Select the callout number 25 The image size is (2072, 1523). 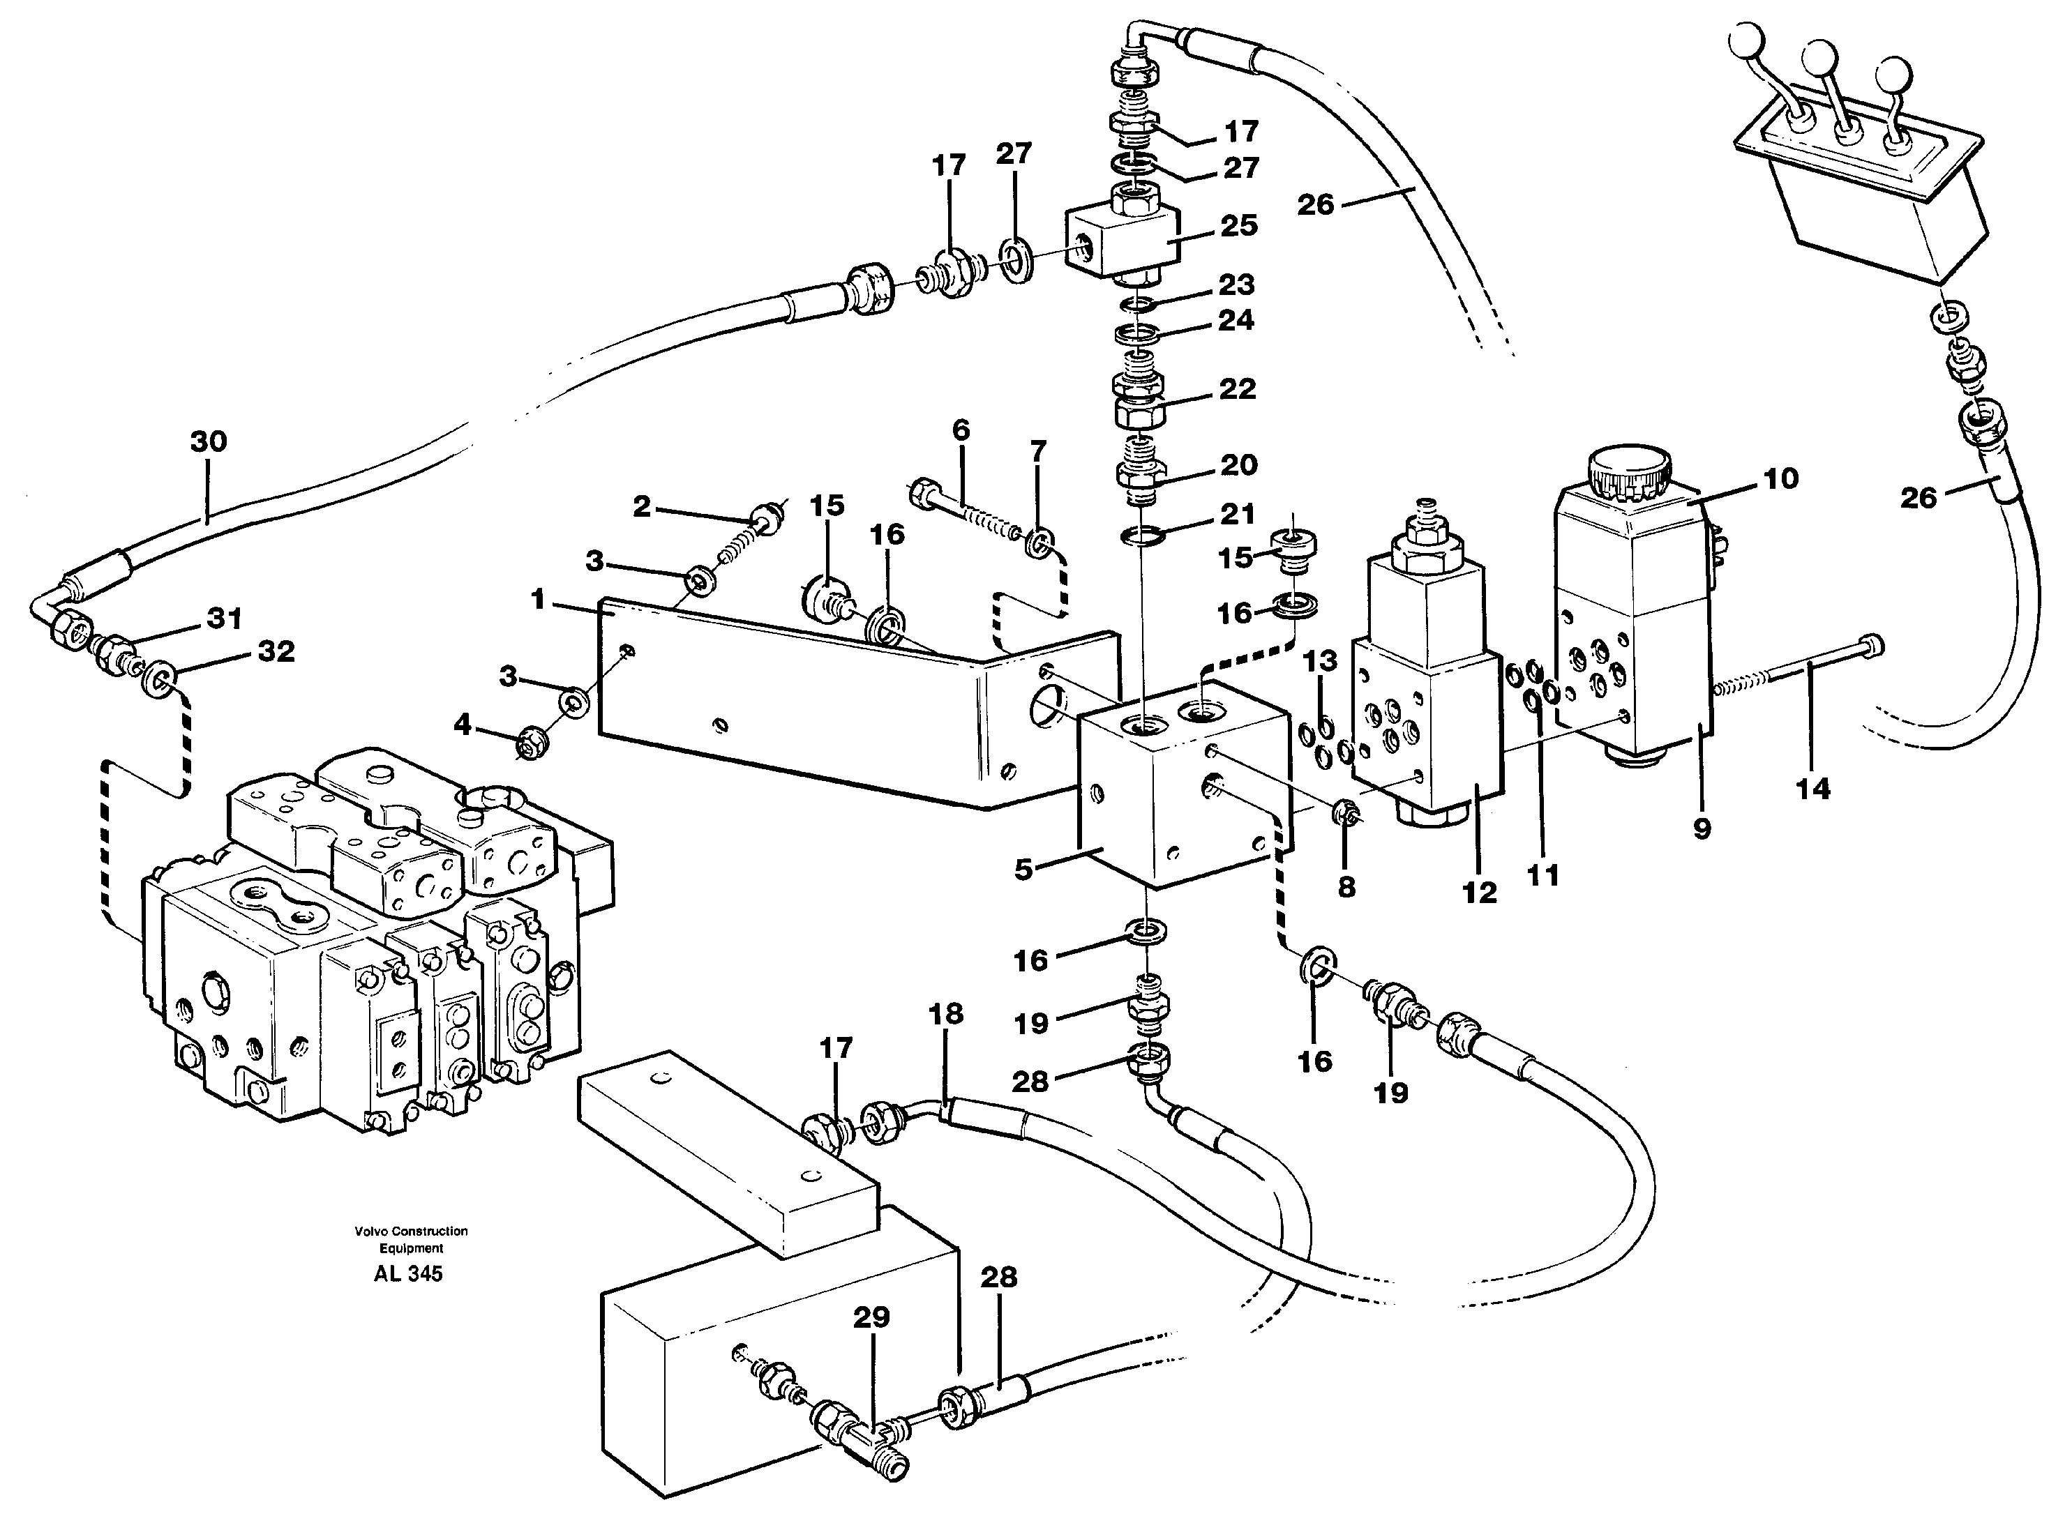coord(1238,226)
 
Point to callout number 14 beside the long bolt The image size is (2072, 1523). coord(1812,789)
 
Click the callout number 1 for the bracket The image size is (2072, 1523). coord(539,601)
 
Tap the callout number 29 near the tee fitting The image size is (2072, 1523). coord(871,1317)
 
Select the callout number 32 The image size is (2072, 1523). coord(276,652)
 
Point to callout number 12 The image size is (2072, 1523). coord(1479,893)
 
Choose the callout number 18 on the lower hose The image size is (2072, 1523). coord(946,1014)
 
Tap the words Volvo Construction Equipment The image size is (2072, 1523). coord(410,1239)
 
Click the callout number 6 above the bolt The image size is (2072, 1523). coord(961,430)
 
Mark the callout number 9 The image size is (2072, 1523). coord(1702,829)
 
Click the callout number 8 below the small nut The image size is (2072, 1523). coord(1346,887)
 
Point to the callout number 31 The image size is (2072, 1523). coord(224,619)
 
